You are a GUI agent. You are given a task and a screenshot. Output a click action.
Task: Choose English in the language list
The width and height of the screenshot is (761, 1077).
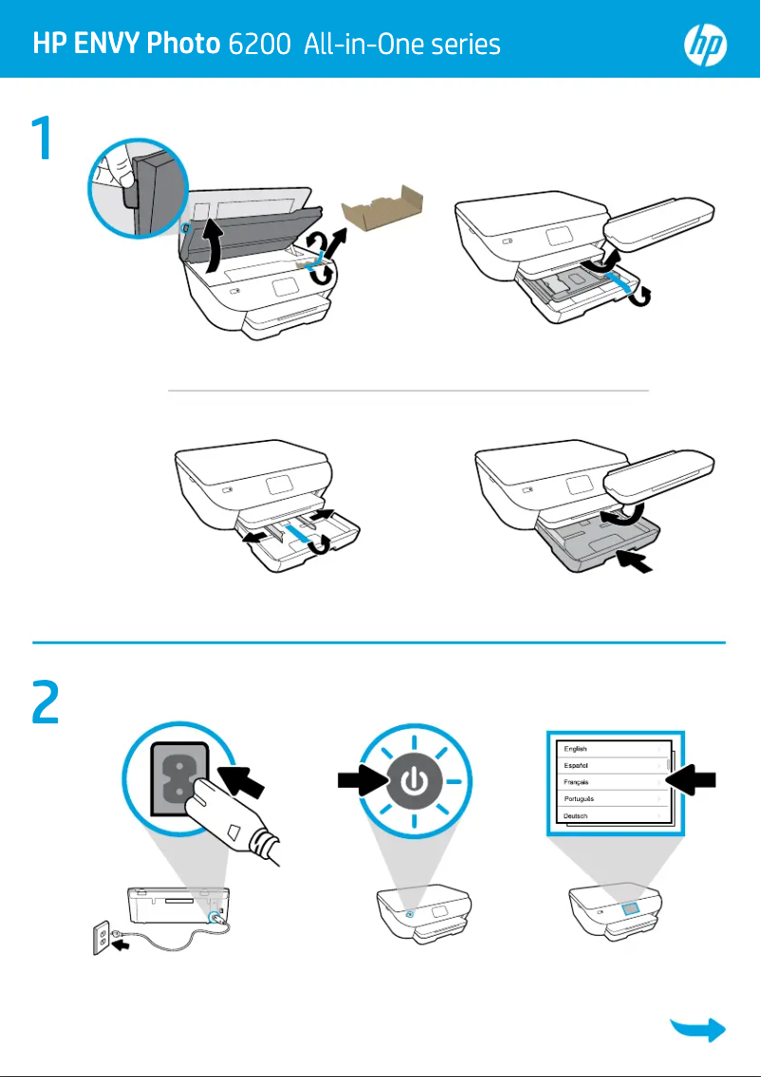point(576,749)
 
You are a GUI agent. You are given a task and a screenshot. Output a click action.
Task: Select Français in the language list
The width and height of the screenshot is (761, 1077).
point(577,782)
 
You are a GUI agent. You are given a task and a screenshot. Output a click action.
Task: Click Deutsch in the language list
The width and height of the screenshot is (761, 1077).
point(576,816)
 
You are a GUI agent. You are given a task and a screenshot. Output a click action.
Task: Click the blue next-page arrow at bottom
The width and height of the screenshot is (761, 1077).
point(699,1031)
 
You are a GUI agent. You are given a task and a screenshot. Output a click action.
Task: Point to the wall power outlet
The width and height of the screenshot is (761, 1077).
point(101,940)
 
